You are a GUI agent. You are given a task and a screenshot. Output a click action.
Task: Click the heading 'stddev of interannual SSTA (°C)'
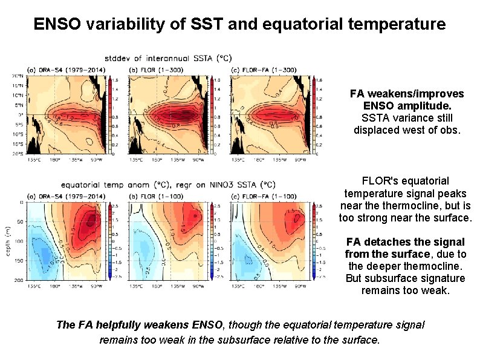pos(167,59)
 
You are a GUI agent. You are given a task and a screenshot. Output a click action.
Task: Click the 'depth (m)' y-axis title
pos(7,241)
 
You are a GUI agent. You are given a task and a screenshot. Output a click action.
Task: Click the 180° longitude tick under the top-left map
pos(53,160)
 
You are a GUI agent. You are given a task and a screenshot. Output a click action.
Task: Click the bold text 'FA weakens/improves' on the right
pos(407,94)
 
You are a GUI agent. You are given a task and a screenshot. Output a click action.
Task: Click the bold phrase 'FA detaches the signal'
pos(406,242)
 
